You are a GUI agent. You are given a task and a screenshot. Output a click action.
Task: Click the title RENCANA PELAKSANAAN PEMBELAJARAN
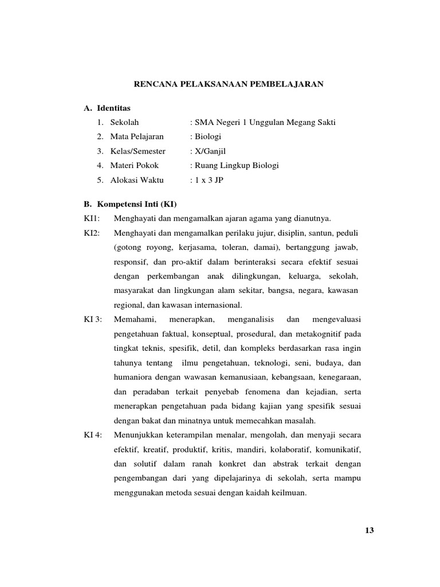click(x=229, y=84)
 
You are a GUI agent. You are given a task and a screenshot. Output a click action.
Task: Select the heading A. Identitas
click(x=107, y=108)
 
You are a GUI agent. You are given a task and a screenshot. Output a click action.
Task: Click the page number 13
click(x=369, y=530)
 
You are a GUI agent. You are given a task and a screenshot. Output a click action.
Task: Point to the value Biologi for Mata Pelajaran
click(x=207, y=136)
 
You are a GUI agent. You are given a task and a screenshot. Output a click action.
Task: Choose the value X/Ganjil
click(x=210, y=151)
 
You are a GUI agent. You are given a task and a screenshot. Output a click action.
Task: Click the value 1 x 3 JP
click(x=208, y=180)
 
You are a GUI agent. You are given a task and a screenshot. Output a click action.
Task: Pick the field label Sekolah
click(x=124, y=122)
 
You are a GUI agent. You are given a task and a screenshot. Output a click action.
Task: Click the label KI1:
click(x=92, y=218)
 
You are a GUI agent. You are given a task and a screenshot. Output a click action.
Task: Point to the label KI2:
click(x=92, y=233)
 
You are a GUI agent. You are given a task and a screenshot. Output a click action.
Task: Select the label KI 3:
click(x=93, y=319)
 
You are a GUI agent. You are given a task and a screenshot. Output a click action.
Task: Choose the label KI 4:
click(x=93, y=434)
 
